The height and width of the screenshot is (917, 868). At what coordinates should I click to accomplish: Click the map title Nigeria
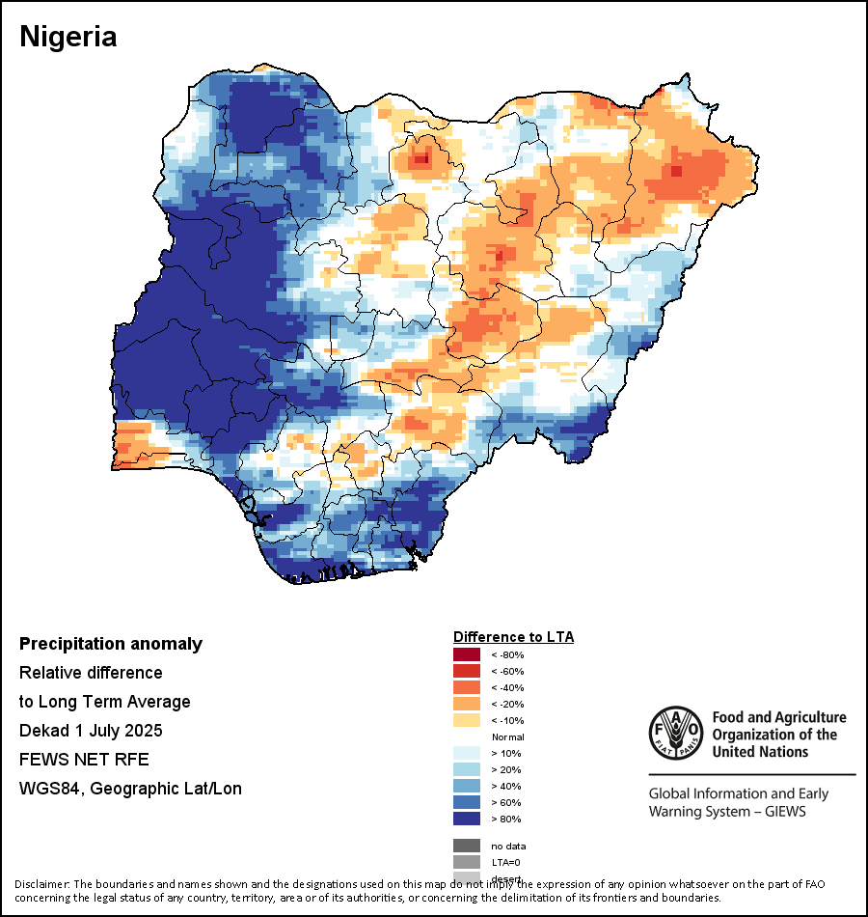[68, 37]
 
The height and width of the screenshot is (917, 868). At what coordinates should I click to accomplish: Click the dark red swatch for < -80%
[467, 655]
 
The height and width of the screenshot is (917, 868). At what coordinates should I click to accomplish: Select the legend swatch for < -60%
[467, 672]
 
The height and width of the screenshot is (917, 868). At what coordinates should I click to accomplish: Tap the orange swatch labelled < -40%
[467, 688]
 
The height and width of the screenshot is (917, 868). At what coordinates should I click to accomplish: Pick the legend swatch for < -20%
[467, 705]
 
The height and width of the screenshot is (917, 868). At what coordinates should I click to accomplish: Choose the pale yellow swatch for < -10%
[467, 721]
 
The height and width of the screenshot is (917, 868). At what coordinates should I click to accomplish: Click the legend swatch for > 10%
[467, 754]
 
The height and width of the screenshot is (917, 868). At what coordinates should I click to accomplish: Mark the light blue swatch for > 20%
[467, 770]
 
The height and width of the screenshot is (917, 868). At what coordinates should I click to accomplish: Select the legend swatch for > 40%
[467, 787]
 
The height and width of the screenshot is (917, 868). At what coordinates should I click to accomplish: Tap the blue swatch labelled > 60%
[467, 803]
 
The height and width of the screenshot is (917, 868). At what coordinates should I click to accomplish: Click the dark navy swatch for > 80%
[467, 820]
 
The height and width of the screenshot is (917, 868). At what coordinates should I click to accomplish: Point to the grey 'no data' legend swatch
[467, 846]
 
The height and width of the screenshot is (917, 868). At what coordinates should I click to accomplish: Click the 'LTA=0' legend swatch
[467, 862]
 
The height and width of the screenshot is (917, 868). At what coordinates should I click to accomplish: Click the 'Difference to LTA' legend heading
[513, 637]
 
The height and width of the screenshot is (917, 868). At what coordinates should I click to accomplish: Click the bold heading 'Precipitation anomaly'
[111, 644]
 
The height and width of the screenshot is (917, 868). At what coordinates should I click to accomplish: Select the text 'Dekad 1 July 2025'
[91, 730]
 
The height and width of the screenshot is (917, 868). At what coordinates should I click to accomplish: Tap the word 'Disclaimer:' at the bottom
[41, 884]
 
